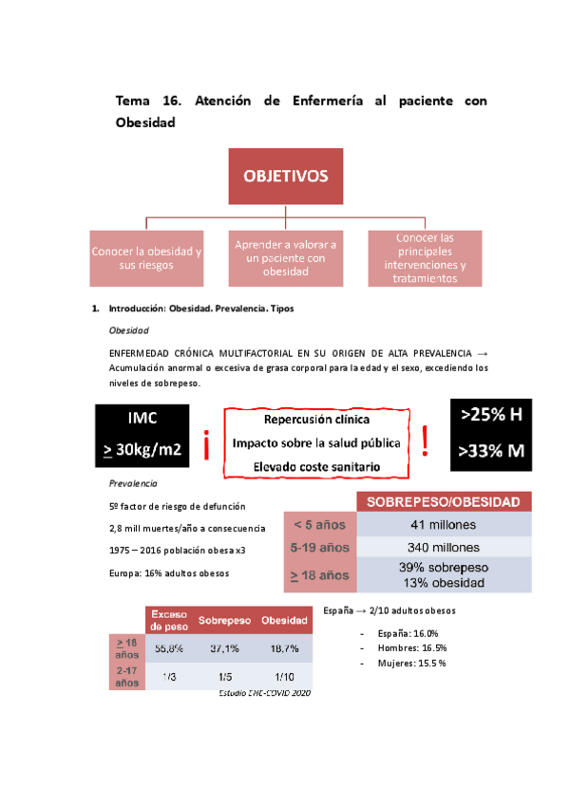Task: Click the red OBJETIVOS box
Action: pos(285,177)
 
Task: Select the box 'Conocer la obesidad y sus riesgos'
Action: pos(145,258)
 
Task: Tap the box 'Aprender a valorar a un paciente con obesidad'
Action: pos(285,258)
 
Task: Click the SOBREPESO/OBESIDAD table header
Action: pos(443,501)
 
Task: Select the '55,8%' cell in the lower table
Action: pos(172,648)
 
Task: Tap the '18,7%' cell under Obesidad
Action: pos(280,648)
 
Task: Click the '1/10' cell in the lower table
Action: pos(280,676)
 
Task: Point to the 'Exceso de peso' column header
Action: pos(172,619)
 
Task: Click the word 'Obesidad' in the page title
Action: pos(145,122)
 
